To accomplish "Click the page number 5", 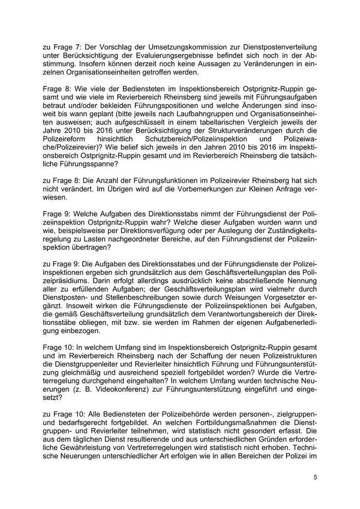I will pos(315,477).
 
